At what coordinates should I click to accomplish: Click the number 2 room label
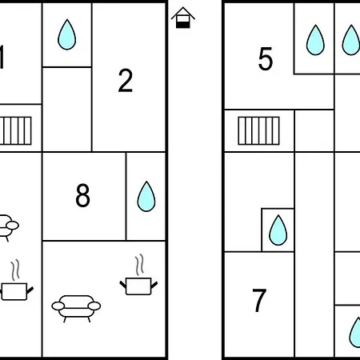126,81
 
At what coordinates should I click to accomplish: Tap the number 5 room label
266,59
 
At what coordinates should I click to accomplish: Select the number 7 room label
259,300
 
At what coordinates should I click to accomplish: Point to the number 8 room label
83,195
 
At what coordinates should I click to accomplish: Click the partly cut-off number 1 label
2,57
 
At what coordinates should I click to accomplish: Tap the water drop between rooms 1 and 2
67,34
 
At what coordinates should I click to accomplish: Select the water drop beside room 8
146,197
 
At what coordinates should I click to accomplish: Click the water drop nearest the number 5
315,40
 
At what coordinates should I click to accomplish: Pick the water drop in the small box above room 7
278,230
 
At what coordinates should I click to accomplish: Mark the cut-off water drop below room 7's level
355,332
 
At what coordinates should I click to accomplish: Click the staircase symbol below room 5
258,130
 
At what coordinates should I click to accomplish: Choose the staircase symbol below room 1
16,130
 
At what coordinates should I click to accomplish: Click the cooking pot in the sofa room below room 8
138,286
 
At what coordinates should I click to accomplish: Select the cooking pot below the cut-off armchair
17,291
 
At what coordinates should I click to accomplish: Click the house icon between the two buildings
183,18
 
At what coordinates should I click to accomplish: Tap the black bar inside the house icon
183,25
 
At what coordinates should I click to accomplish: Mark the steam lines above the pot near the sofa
139,265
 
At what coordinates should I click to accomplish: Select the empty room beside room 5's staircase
314,130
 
